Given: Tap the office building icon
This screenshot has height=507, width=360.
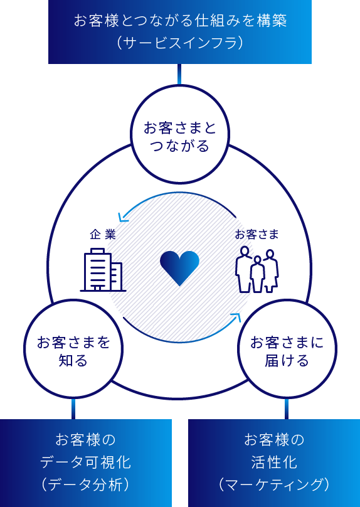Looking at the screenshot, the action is point(103,270).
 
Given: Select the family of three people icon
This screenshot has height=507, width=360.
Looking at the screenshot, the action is point(257,270).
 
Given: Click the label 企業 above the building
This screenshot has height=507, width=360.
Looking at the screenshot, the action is point(103,235).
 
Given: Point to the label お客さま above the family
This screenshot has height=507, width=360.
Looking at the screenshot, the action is point(257,235).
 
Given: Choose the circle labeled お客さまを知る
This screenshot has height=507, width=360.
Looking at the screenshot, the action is point(73,299).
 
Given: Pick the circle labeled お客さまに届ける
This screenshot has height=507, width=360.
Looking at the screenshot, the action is point(287,299).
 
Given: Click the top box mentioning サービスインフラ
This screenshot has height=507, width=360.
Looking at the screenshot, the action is point(180,31).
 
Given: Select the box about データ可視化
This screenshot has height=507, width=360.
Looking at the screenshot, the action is point(86,463).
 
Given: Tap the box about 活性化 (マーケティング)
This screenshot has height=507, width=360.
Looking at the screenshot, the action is point(274,463).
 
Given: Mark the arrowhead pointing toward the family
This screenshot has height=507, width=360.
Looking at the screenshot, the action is point(237,318).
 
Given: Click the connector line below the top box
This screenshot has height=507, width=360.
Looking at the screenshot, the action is point(179,75).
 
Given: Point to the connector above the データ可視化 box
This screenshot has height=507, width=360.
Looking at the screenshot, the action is point(73,409).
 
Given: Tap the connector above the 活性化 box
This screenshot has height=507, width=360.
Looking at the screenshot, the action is point(287,409).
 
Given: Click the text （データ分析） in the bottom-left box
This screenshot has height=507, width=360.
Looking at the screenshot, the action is point(86,484).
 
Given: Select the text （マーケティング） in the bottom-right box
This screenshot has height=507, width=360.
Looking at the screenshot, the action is point(274,484).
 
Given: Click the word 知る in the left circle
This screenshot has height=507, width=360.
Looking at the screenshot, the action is point(73,361).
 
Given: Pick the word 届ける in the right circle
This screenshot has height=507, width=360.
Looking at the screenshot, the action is point(287,361).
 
